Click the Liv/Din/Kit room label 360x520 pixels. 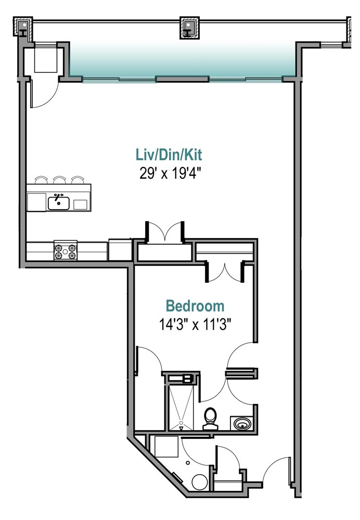pyautogui.click(x=169, y=155)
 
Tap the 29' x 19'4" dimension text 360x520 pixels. pyautogui.click(x=170, y=173)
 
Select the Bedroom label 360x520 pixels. pyautogui.click(x=195, y=306)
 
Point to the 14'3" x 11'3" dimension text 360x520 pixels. pyautogui.click(x=195, y=324)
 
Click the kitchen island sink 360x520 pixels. pyautogui.click(x=58, y=203)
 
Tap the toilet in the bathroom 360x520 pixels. pyautogui.click(x=210, y=419)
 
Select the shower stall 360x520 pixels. pyautogui.click(x=181, y=407)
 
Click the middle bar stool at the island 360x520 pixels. pyautogui.click(x=59, y=180)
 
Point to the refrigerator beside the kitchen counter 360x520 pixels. pyautogui.click(x=120, y=250)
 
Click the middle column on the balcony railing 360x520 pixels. pyautogui.click(x=189, y=28)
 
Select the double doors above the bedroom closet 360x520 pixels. pyautogui.click(x=165, y=231)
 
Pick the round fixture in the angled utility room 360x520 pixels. pyautogui.click(x=200, y=482)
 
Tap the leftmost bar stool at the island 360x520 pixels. pyautogui.click(x=41, y=180)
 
